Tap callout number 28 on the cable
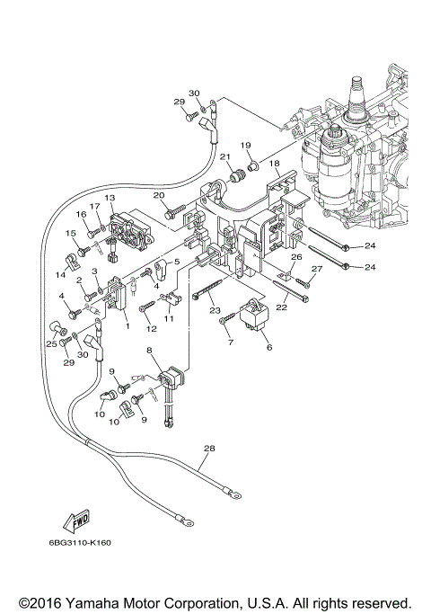210,447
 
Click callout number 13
110,197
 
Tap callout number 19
245,145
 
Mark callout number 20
159,196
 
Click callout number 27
316,269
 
